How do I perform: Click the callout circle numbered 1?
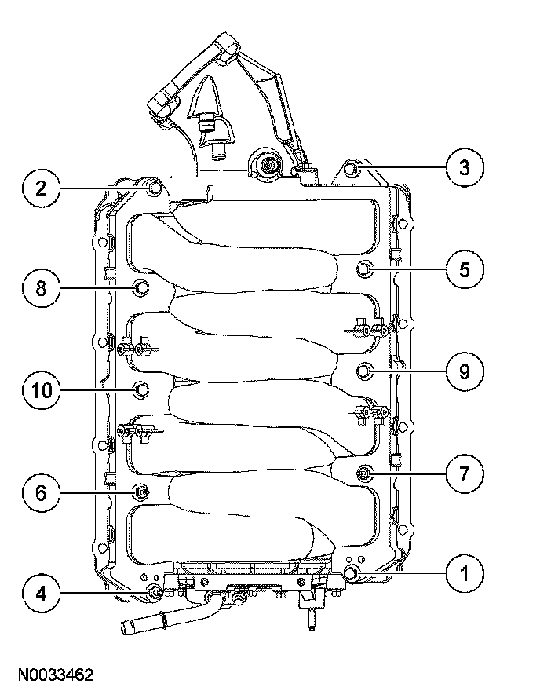pos(464,573)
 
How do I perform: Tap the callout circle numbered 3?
pos(464,166)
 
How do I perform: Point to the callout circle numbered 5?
pos(464,269)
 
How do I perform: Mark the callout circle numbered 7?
pos(464,473)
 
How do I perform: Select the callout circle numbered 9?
pos(464,370)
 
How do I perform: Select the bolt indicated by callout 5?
pos(365,269)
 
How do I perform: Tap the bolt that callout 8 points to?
pos(142,288)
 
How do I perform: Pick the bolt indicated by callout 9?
pos(364,370)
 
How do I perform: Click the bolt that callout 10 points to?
pos(142,389)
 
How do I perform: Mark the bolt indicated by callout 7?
pos(364,473)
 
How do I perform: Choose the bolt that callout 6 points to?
pos(142,492)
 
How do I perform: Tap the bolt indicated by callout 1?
pos(351,574)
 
